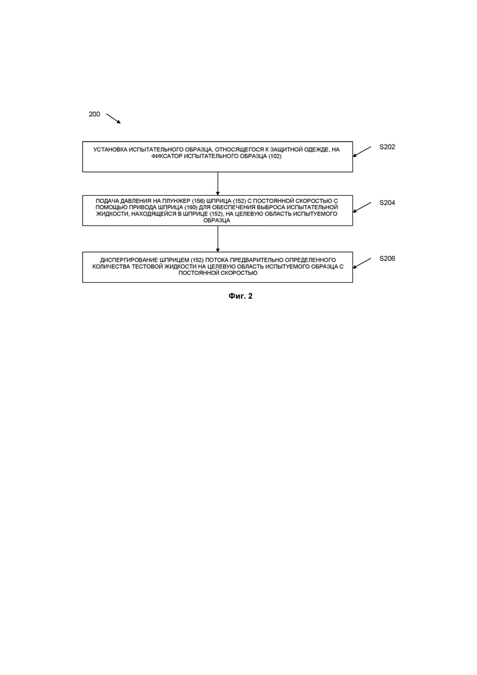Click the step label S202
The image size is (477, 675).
(387, 147)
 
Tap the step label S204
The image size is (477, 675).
(387, 203)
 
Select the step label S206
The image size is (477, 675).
(387, 258)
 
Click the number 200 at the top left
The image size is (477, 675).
(94, 114)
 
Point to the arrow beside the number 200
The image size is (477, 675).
(114, 119)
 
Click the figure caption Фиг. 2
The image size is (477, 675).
(240, 296)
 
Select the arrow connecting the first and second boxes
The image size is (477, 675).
(218, 184)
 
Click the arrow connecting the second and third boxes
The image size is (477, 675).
(218, 239)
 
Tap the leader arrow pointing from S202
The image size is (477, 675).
(362, 152)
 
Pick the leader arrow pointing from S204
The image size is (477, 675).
(362, 207)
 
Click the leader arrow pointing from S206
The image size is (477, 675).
(362, 264)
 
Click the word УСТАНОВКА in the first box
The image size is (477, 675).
(110, 150)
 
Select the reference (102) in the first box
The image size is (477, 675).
(275, 156)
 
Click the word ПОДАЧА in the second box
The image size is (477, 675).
(106, 201)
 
